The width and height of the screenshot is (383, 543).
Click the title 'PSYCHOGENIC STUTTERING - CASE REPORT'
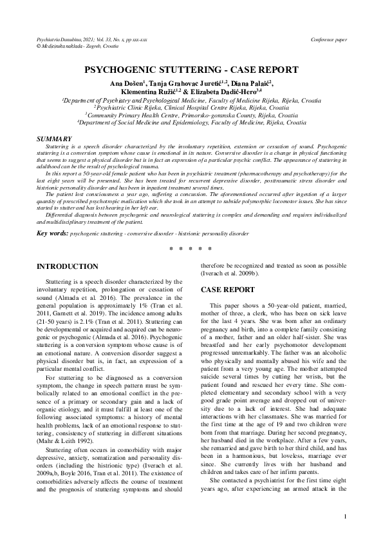tap(191, 70)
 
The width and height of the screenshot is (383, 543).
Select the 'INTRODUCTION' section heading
tap(68, 266)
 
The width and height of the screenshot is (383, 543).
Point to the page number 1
tap(345, 516)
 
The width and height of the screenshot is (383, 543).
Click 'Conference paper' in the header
tap(328, 40)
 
